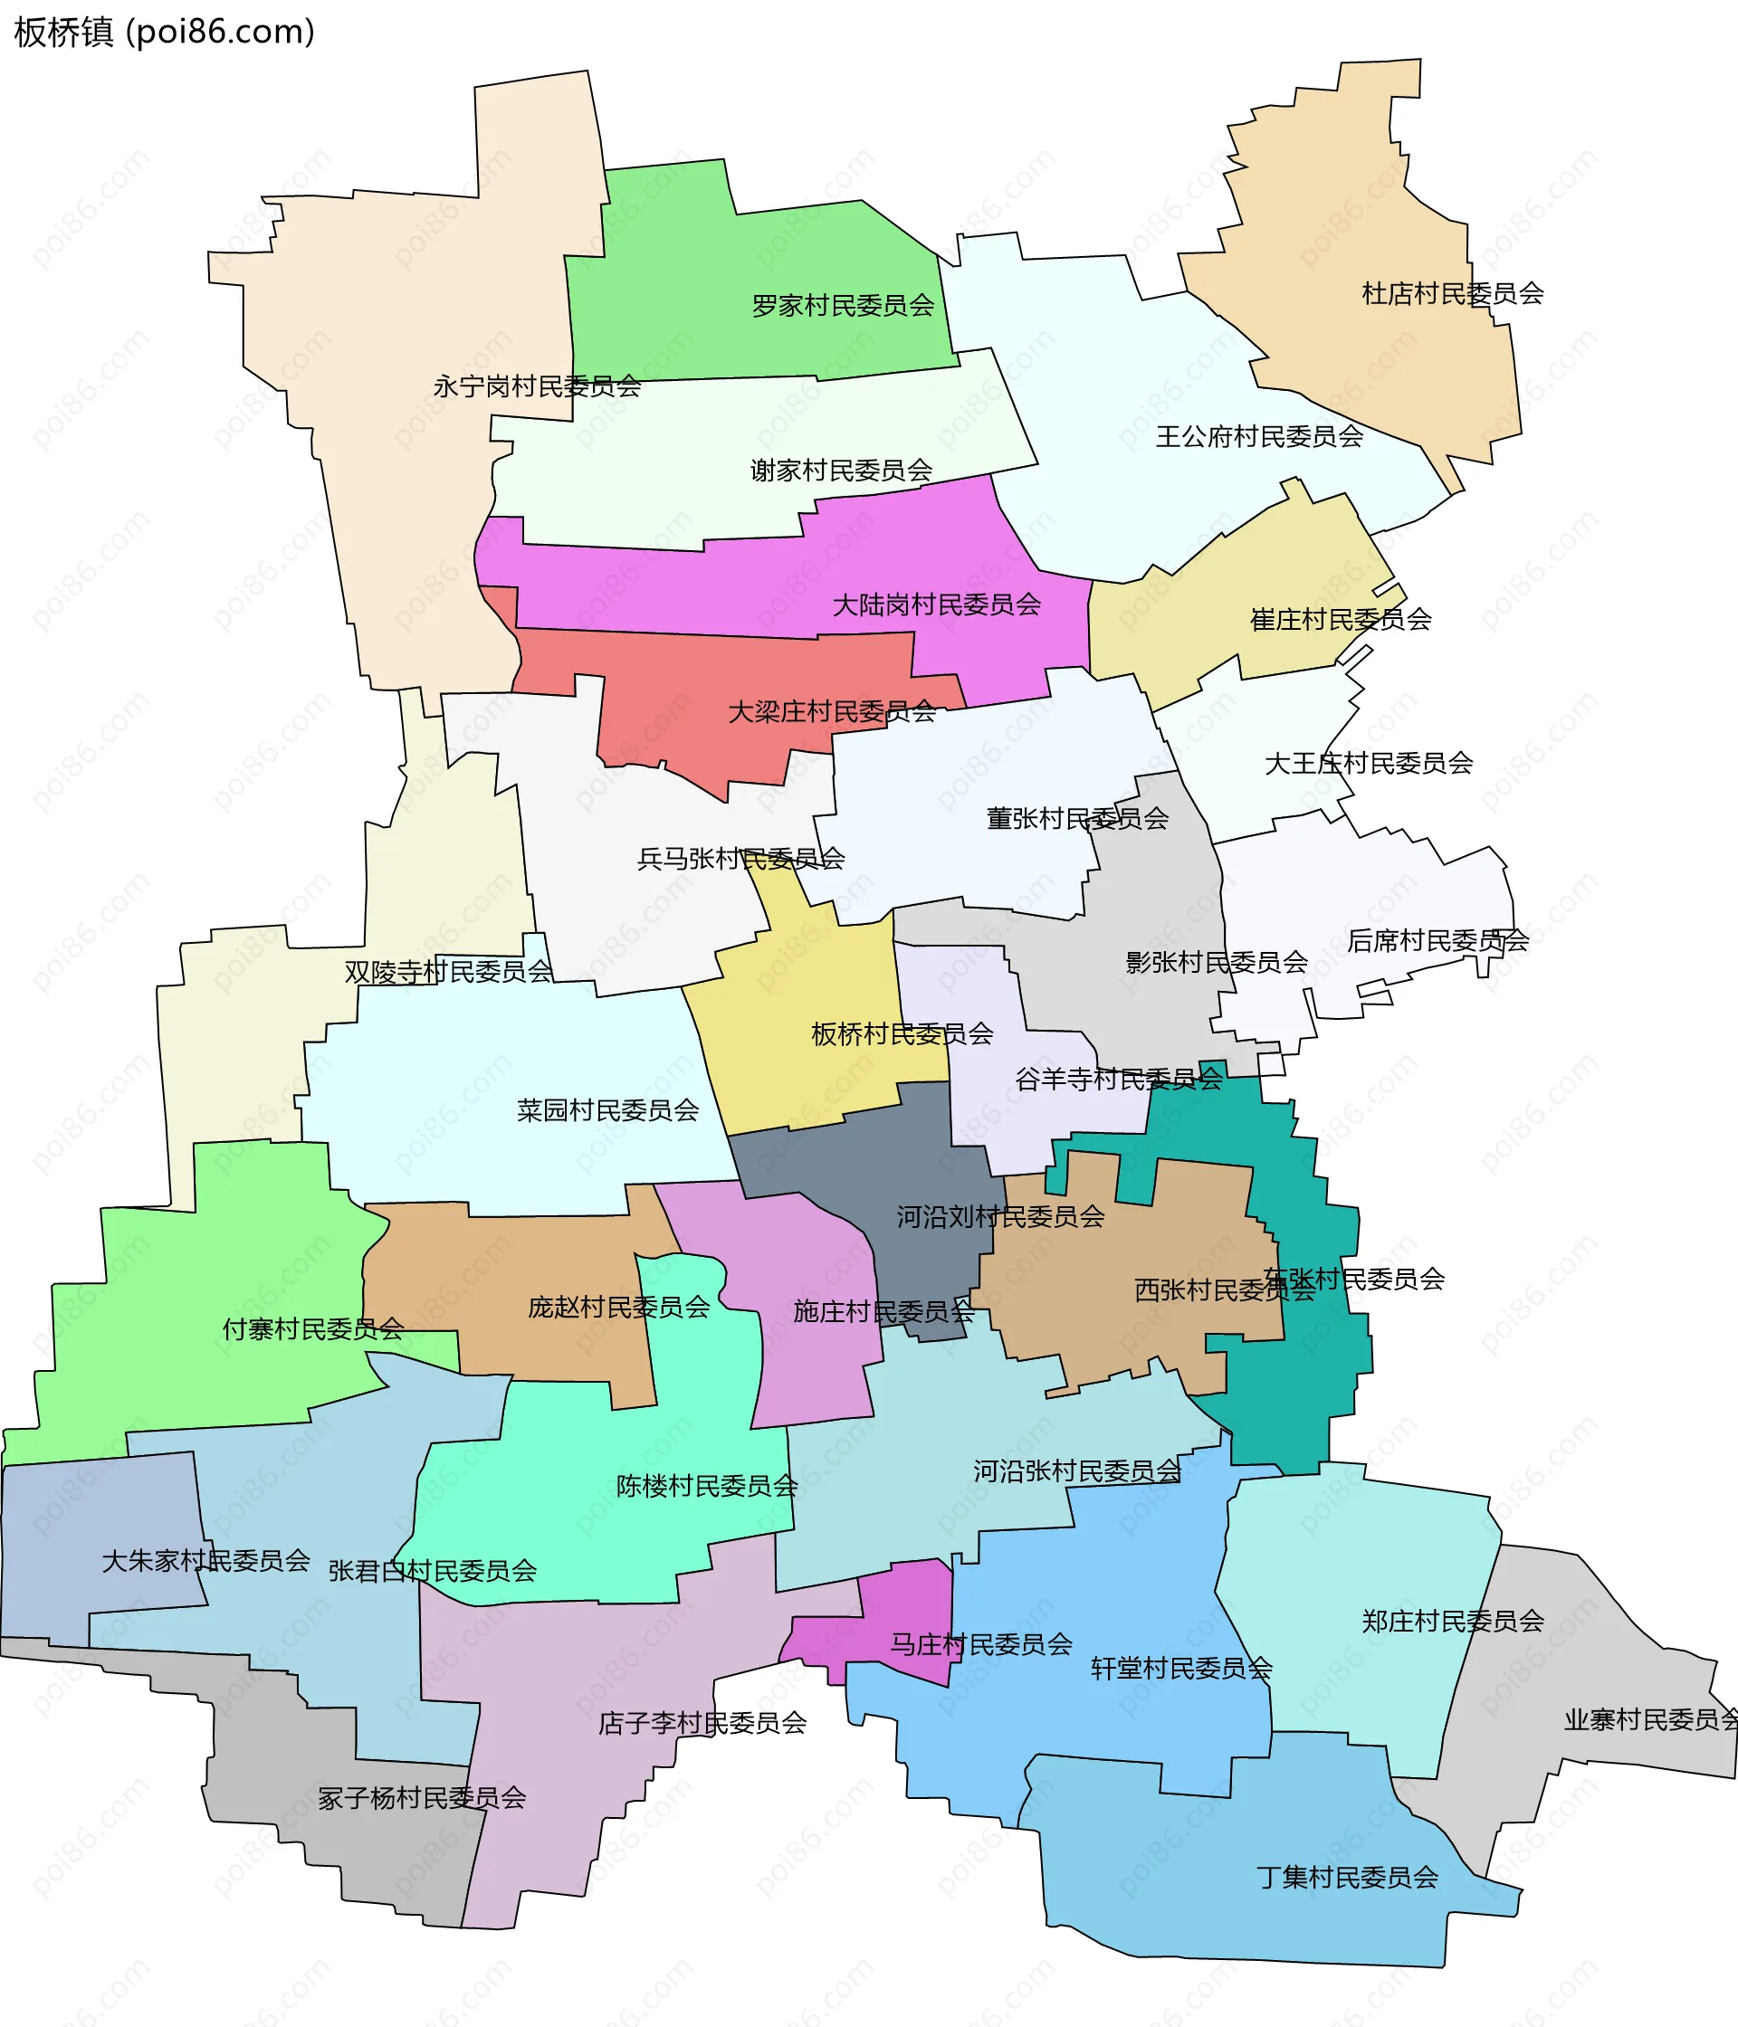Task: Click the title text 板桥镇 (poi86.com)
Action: coord(165,32)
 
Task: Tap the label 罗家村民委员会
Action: coord(843,306)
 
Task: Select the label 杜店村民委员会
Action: coord(1452,293)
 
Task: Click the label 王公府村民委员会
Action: coord(1259,437)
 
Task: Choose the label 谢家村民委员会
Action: coord(842,471)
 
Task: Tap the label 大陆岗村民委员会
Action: coord(937,605)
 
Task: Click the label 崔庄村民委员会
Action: coord(1341,619)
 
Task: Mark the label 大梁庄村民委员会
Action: coord(832,712)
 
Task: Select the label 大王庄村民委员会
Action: coord(1368,763)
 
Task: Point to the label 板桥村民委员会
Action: coord(902,1034)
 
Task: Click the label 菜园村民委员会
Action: coord(607,1110)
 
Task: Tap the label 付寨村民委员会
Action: coord(313,1329)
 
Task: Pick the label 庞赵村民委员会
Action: coord(618,1307)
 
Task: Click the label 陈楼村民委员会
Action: coord(707,1486)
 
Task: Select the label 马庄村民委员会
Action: coord(980,1644)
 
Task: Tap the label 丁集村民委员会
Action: coord(1348,1878)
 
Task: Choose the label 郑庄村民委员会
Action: coord(1452,1621)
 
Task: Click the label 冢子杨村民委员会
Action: coord(422,1798)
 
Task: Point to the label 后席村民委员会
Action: coord(1437,941)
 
